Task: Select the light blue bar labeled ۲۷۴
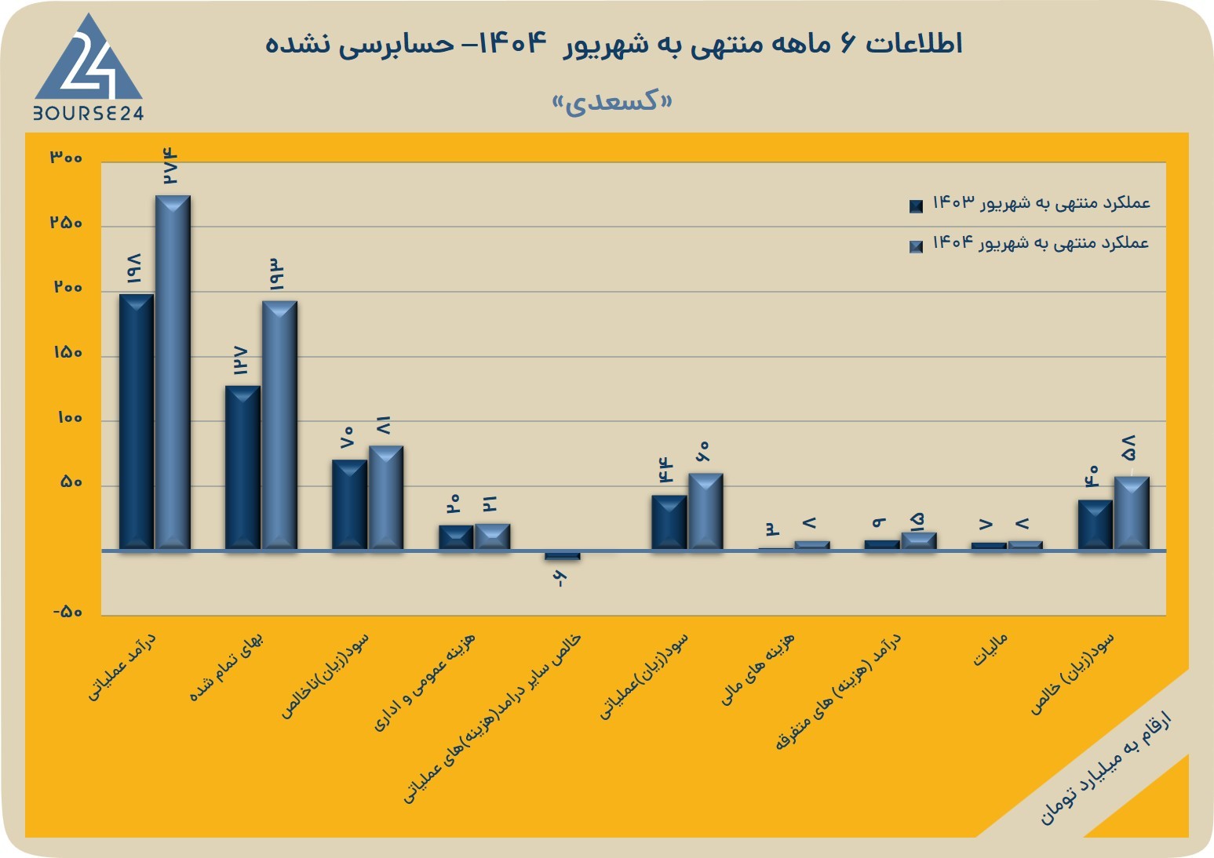(x=173, y=373)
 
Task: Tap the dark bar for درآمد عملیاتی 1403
(x=137, y=422)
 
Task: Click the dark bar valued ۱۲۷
(x=242, y=468)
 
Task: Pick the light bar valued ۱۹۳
(x=279, y=426)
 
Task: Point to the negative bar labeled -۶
(x=563, y=556)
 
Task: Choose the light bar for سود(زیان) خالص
(x=1132, y=514)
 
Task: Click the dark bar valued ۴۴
(x=669, y=522)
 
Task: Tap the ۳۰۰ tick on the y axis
(x=66, y=158)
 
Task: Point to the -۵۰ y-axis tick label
(x=67, y=612)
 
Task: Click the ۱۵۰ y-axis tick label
(x=67, y=353)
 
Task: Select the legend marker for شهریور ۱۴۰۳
(x=916, y=206)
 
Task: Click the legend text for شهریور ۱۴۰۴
(x=1041, y=242)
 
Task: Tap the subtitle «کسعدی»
(x=612, y=102)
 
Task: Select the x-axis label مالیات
(x=990, y=649)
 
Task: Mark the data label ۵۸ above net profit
(x=1128, y=448)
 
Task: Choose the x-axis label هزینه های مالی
(x=757, y=669)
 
